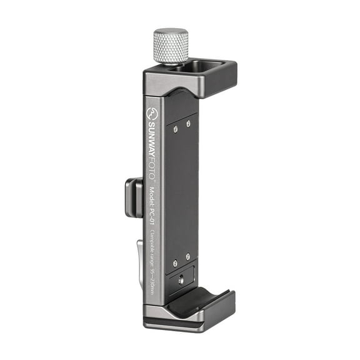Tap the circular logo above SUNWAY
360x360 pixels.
pos(151,114)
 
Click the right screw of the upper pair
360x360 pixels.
pos(188,123)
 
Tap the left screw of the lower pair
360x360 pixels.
pos(175,263)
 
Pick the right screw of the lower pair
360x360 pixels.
pos(187,256)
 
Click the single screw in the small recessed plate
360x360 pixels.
pos(181,280)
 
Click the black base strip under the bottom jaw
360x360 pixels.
pos(181,326)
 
